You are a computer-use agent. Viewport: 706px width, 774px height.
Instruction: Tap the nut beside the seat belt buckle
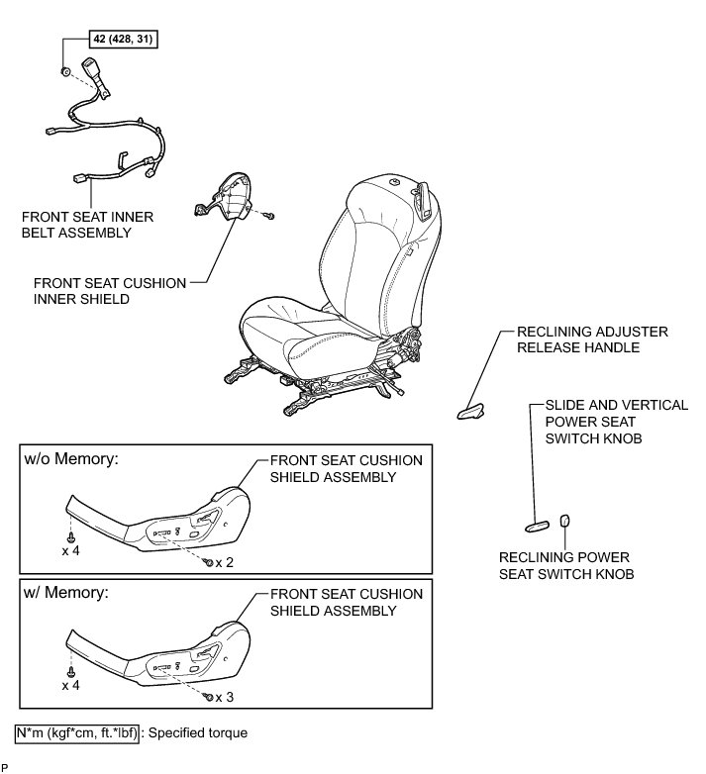coord(64,72)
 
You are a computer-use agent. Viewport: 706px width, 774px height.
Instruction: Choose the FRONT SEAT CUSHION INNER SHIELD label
coord(110,291)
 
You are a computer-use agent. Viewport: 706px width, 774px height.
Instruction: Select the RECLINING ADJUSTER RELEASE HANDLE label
coord(592,339)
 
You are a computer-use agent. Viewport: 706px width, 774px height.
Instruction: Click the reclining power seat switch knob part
coord(565,521)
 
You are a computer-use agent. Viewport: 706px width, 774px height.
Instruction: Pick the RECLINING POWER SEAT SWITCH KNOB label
coord(565,565)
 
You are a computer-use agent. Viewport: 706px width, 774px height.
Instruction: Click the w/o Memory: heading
coord(68,460)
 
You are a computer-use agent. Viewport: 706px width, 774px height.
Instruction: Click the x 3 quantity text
coord(224,696)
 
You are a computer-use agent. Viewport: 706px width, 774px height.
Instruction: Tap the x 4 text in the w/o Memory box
coord(70,548)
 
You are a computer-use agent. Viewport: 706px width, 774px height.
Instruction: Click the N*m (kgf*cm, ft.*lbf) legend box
coord(77,734)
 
